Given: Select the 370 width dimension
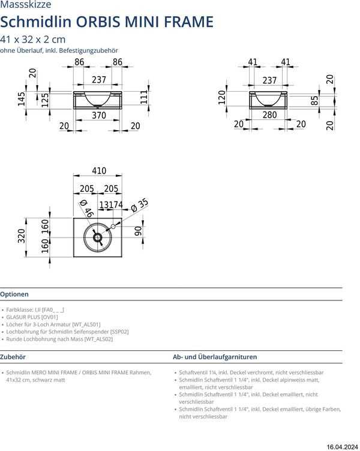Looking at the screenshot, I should pos(99,115).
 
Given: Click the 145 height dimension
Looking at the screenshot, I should pos(22,98).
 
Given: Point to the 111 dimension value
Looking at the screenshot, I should pos(144,97).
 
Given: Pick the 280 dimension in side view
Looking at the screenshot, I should pos(270,115).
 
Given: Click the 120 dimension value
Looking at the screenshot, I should pos(221,98).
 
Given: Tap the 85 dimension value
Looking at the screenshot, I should pos(315,101).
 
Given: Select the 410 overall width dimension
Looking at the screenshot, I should pos(99,171).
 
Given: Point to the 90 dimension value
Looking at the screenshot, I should pos(137,231).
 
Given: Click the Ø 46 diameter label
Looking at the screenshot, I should pos(86,208).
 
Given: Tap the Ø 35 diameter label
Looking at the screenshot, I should pos(139,205).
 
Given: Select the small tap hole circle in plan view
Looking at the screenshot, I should pos(112,227).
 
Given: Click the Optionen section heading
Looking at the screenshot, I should pos(14,294).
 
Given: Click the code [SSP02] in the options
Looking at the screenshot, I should pos(119,332).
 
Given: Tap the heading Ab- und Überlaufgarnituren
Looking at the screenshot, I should pos(215,356).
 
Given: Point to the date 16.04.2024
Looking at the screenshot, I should pos(343,446).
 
